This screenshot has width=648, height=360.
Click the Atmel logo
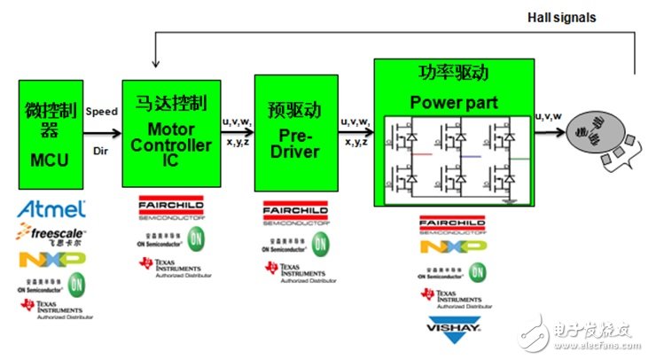pos(52,210)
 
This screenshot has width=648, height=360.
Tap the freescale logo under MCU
pos(51,234)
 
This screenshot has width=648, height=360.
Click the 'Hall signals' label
pos(561,17)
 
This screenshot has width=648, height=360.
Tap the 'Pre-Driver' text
pos(293,146)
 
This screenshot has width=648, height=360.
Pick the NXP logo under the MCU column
pos(52,259)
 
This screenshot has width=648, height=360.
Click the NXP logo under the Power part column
pos(454,246)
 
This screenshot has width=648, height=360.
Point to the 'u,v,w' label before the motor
pos(549,116)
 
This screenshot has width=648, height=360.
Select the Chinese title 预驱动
pos(293,94)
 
